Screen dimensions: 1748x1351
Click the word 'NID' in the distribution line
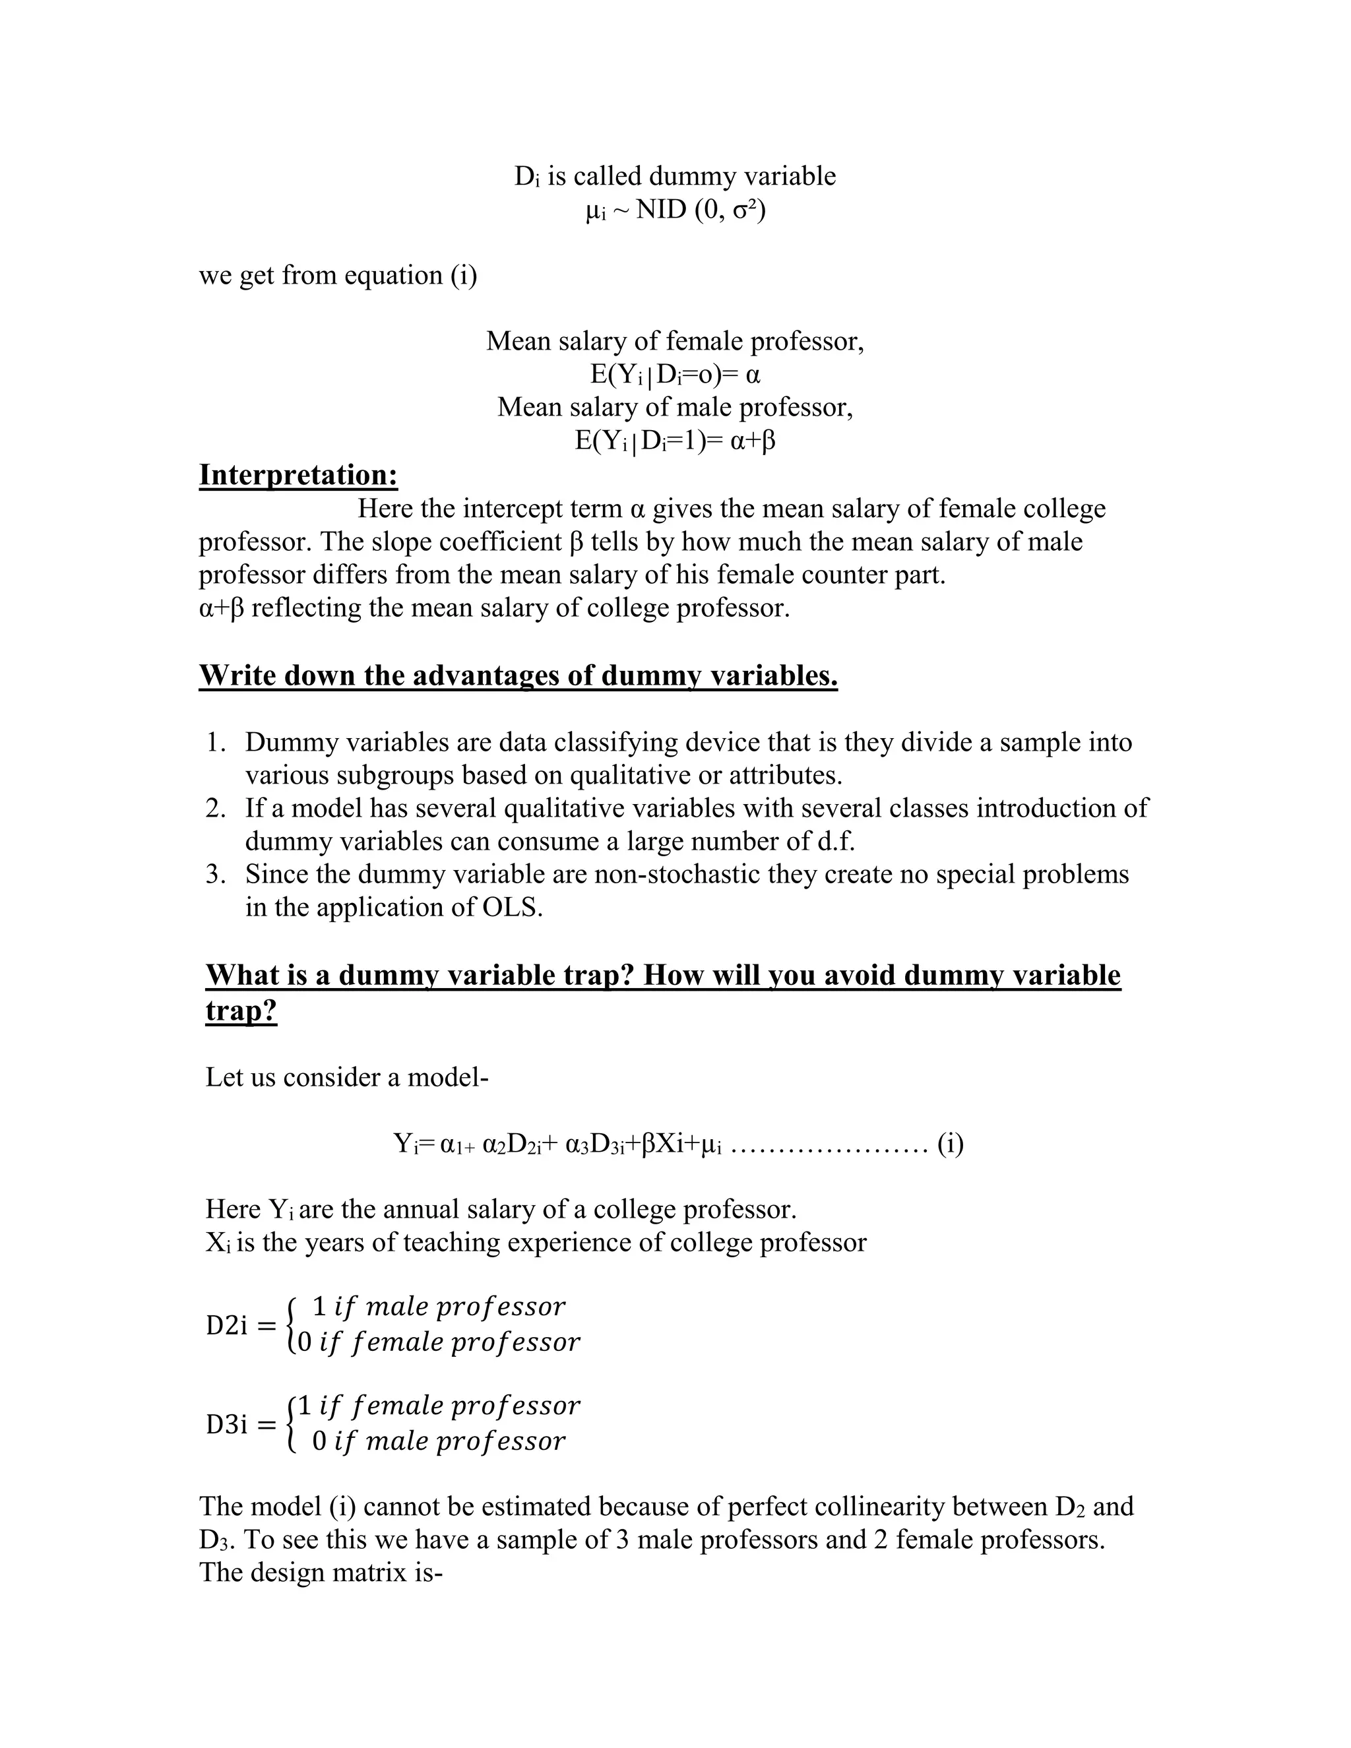tap(662, 210)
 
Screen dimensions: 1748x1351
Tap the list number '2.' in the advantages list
tap(216, 809)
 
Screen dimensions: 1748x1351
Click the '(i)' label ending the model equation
tap(950, 1144)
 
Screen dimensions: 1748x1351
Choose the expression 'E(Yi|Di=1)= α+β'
tap(675, 441)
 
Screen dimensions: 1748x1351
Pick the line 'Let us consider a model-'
tap(346, 1077)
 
